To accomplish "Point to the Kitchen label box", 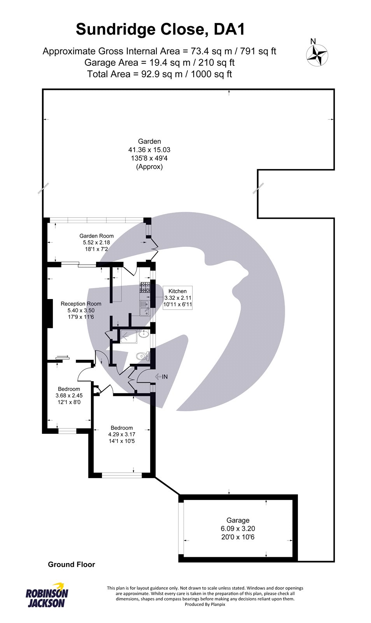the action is pyautogui.click(x=177, y=297).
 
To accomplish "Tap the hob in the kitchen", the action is pyautogui.click(x=144, y=288).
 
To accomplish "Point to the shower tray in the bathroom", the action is pyautogui.click(x=129, y=336).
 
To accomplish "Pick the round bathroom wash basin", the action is pyautogui.click(x=144, y=333).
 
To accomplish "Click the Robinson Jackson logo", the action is pyautogui.click(x=47, y=595).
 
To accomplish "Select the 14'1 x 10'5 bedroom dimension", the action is pyautogui.click(x=122, y=441).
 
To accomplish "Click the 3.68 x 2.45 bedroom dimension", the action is pyautogui.click(x=69, y=396).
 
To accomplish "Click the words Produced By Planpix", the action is pyautogui.click(x=205, y=604).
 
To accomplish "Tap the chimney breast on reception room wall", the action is pyautogui.click(x=50, y=313).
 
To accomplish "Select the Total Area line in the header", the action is pyautogui.click(x=159, y=74).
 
